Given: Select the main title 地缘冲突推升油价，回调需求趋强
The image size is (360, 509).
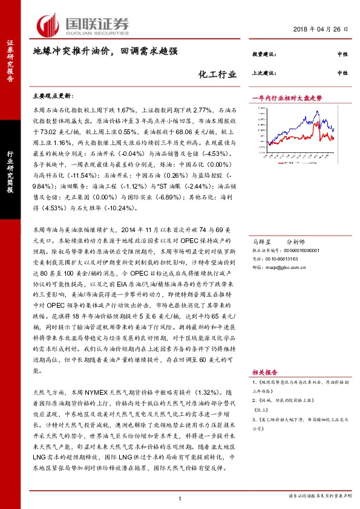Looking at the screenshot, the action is point(105,52).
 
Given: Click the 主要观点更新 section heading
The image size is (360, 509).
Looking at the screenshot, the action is point(52,96).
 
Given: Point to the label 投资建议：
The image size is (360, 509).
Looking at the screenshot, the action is point(264,54).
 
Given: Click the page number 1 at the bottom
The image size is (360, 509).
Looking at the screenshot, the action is point(180,498).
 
